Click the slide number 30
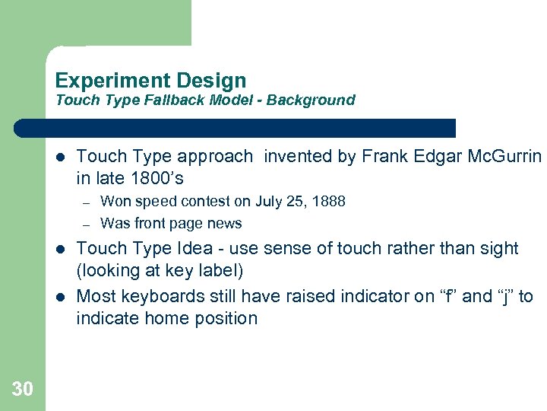pyautogui.click(x=23, y=390)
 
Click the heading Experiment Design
pyautogui.click(x=150, y=81)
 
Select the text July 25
pyautogui.click(x=281, y=202)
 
